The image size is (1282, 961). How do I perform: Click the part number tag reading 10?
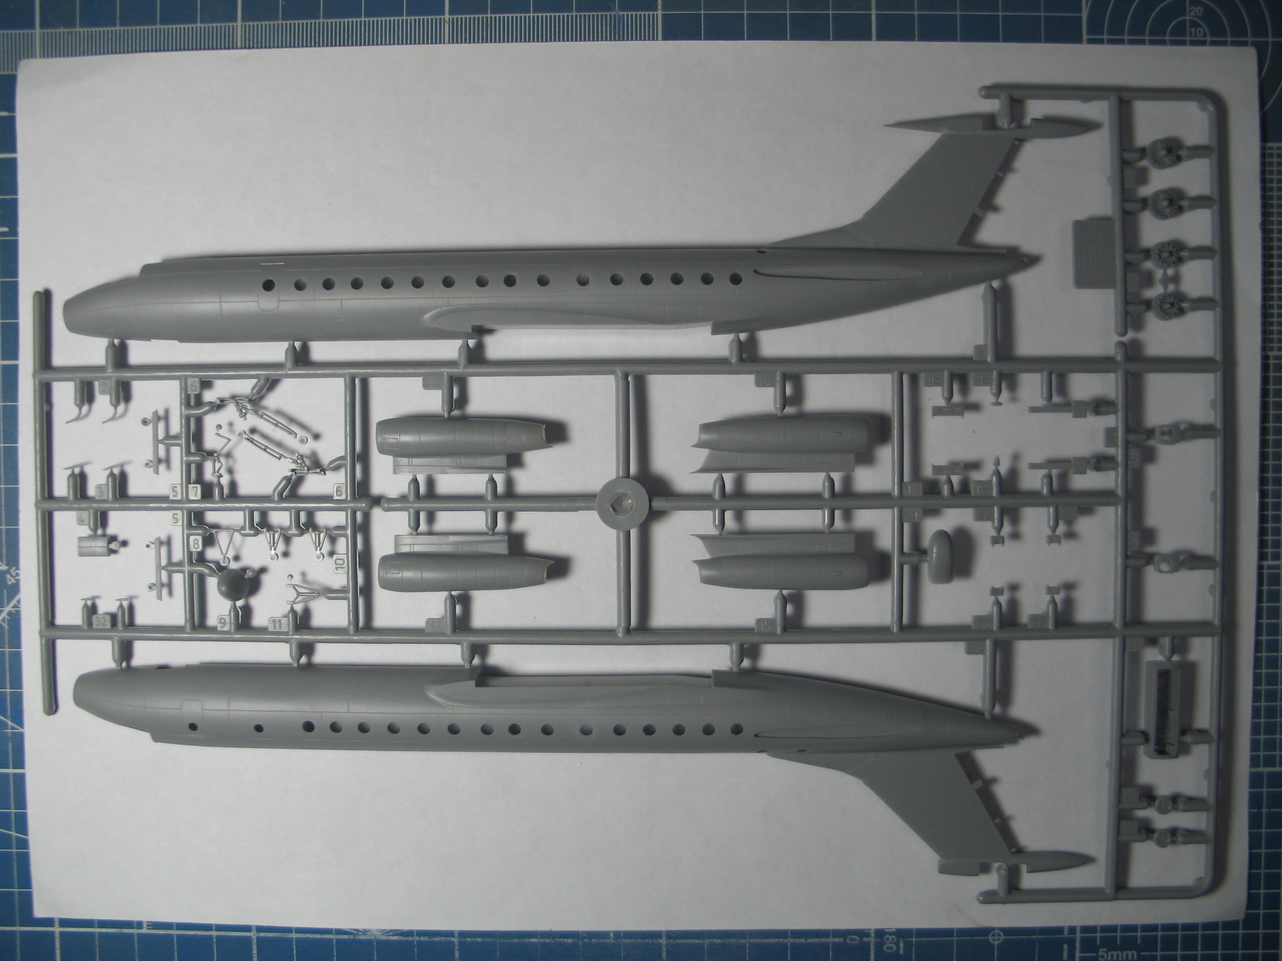tap(341, 563)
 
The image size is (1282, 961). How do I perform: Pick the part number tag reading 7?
tap(196, 490)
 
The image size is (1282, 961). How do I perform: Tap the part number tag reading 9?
tap(221, 622)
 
